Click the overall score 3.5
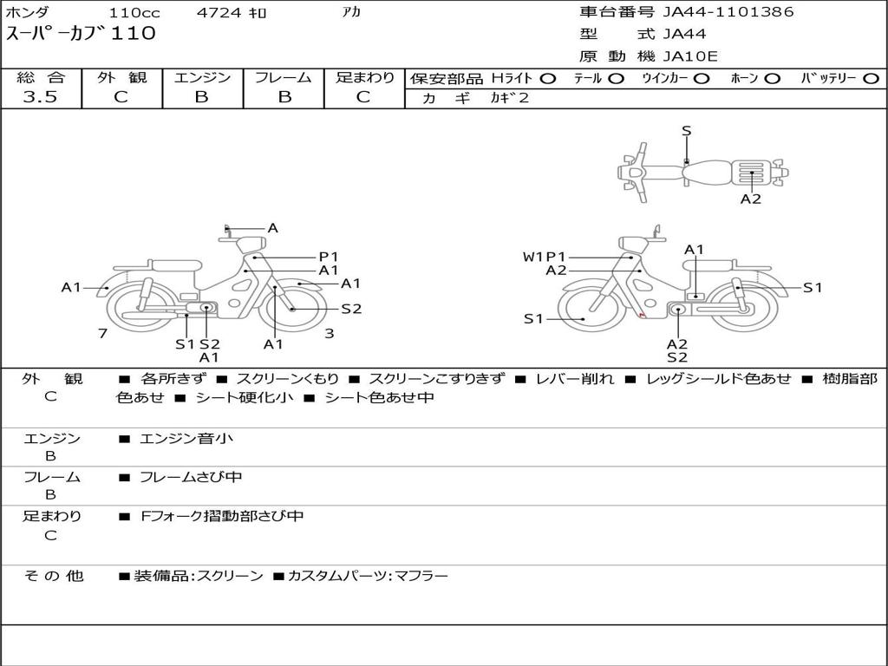point(40,97)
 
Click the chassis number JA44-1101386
point(728,12)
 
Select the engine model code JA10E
point(690,56)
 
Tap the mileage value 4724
point(219,12)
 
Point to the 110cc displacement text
point(134,12)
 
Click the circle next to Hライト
point(548,79)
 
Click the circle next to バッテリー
point(872,79)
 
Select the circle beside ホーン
point(772,79)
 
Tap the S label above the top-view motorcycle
point(687,131)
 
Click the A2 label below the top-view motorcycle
point(751,199)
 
